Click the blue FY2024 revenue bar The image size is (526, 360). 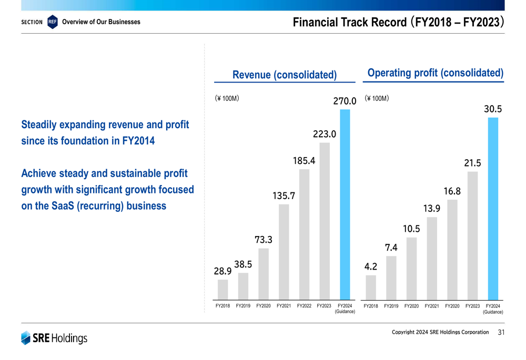345,205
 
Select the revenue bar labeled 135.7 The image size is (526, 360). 284,252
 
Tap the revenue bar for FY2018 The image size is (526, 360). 223,290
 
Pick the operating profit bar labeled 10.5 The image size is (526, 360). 411,269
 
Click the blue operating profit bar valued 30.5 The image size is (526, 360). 493,209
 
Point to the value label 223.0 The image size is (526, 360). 324,134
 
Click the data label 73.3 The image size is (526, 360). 264,240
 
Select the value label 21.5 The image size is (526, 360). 472,163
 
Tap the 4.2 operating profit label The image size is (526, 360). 371,267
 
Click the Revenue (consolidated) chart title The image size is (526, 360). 285,75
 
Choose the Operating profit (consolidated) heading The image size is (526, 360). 435,73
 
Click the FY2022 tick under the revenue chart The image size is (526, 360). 304,305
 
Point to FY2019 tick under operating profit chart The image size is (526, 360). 391,305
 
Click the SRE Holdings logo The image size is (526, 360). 54,338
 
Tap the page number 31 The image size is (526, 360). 501,332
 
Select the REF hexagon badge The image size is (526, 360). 52,22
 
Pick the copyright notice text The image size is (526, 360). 440,332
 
